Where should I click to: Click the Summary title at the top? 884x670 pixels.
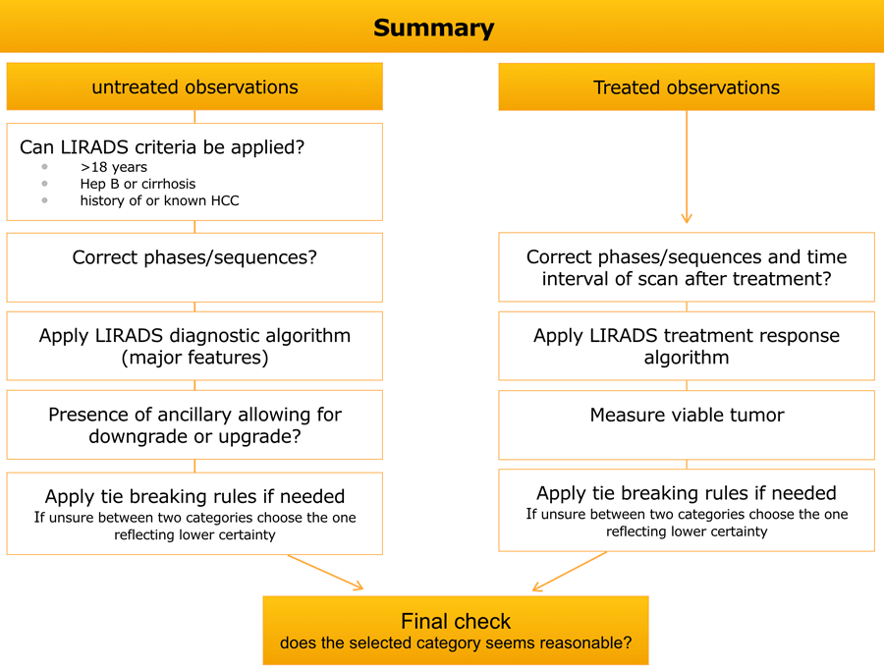(433, 28)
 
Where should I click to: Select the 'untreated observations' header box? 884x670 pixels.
(194, 86)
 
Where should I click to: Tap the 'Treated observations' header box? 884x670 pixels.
(687, 86)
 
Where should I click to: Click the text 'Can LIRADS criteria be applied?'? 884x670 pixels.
(162, 146)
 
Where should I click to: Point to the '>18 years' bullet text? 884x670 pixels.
(114, 167)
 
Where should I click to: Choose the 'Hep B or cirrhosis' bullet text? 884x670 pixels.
(138, 184)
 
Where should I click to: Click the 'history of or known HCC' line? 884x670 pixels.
(159, 200)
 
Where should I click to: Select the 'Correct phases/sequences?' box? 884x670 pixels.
(194, 267)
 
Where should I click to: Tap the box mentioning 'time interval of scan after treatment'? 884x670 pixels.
(687, 267)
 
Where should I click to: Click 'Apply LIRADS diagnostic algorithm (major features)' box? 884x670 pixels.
(194, 346)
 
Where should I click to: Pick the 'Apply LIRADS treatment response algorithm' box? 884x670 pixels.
(687, 346)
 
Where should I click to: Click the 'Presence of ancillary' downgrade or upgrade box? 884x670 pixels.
(194, 424)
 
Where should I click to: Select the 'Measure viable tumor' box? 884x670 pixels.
(687, 424)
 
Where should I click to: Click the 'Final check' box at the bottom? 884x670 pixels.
(456, 631)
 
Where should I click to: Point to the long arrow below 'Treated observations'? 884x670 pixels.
(687, 167)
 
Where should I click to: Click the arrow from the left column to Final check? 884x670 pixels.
(325, 573)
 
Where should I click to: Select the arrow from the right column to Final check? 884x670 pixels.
(570, 572)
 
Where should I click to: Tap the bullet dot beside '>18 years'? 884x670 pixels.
(44, 167)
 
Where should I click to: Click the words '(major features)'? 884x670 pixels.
(195, 358)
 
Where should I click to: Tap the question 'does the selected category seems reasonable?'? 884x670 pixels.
(456, 642)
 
